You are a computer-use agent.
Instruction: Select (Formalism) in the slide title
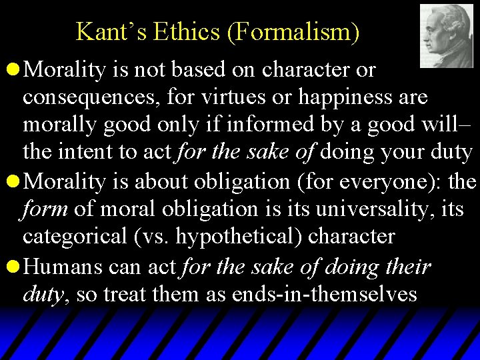293,31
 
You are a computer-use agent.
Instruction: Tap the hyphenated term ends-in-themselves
325,294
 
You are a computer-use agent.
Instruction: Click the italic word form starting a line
45,209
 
